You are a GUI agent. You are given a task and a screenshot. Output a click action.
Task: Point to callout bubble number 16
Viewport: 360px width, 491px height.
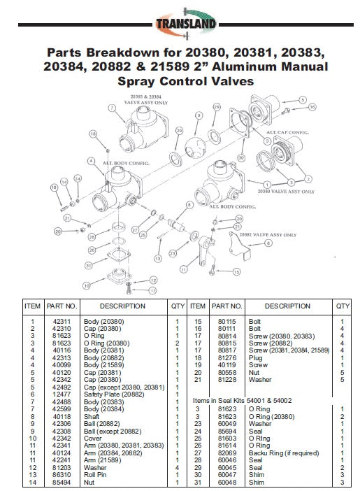[312, 107]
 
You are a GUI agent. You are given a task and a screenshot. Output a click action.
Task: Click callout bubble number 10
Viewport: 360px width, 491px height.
[87, 285]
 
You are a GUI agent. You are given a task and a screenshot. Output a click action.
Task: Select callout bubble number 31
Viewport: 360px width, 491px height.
[89, 265]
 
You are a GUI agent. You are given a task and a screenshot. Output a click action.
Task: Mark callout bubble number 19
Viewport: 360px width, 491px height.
[53, 187]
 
